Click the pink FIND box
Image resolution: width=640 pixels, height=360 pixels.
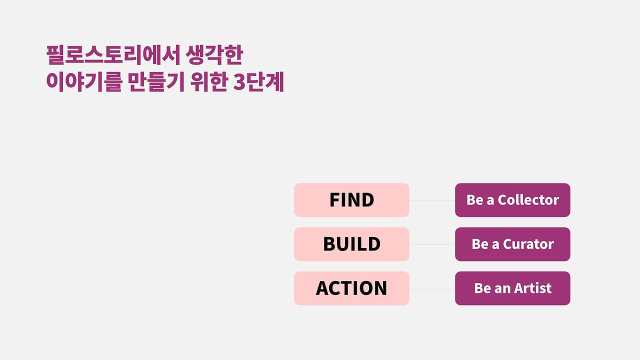[351, 200]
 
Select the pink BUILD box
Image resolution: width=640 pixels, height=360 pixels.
[351, 244]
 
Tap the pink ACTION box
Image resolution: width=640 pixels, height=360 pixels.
[351, 288]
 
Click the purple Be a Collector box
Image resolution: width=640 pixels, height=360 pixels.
[512, 200]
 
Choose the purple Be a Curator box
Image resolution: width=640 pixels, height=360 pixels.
[512, 244]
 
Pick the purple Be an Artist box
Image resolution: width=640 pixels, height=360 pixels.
[512, 288]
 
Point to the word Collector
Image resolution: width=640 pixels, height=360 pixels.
[528, 199]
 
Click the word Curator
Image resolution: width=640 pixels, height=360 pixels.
[528, 244]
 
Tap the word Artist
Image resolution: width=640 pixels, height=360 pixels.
[533, 288]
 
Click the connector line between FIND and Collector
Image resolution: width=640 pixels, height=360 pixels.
[432, 200]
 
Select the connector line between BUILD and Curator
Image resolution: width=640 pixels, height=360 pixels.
[432, 244]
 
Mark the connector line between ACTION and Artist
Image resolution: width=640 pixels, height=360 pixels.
[432, 289]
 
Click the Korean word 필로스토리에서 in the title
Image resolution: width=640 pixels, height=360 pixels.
[113, 55]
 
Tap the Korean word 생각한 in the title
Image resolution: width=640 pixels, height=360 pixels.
[214, 55]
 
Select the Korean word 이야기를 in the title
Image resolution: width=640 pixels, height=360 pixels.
[84, 82]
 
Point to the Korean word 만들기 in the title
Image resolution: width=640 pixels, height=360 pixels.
[155, 82]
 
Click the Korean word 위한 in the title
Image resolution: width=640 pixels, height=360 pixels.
[209, 82]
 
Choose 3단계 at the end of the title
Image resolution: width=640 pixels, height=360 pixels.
[258, 82]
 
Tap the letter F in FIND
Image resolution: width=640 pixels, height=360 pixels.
[334, 199]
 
